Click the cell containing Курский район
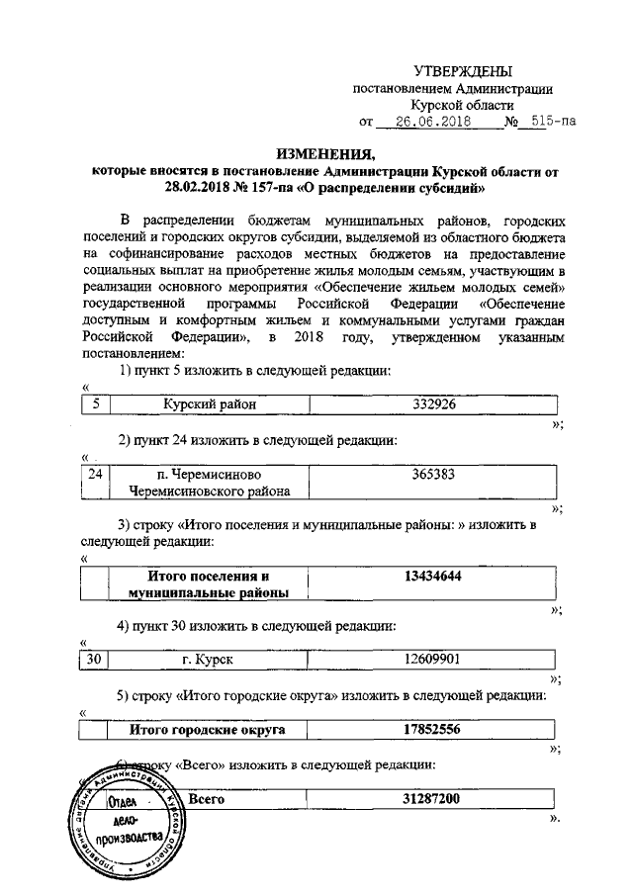[209, 404]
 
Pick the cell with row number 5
[95, 404]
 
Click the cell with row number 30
[95, 659]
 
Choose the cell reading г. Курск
[209, 659]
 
